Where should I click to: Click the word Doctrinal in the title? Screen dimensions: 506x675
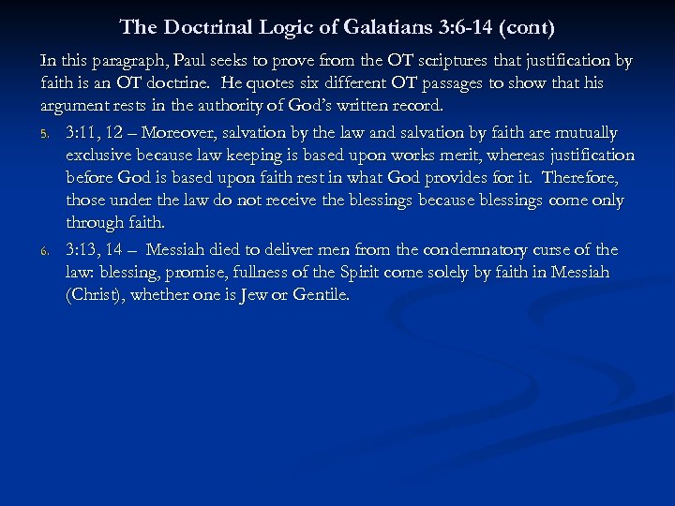209,29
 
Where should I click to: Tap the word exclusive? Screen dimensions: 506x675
100,155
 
